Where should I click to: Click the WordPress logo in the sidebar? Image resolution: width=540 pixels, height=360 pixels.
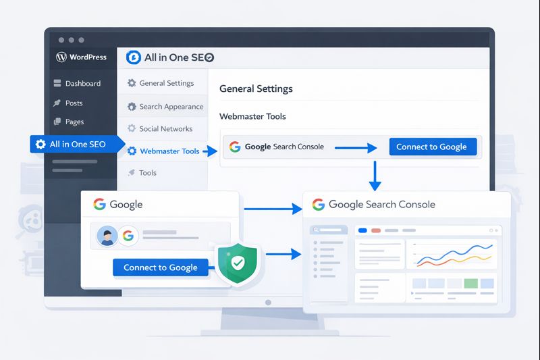click(x=61, y=57)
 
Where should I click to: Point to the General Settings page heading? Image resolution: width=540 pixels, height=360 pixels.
click(x=256, y=89)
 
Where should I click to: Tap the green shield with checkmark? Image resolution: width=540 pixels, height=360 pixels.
click(x=237, y=263)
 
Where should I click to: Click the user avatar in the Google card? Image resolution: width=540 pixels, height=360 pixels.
click(x=107, y=236)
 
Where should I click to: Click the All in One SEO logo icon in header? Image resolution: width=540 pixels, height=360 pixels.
click(x=134, y=57)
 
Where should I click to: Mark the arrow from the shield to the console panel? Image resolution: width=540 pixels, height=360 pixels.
click(x=283, y=255)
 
